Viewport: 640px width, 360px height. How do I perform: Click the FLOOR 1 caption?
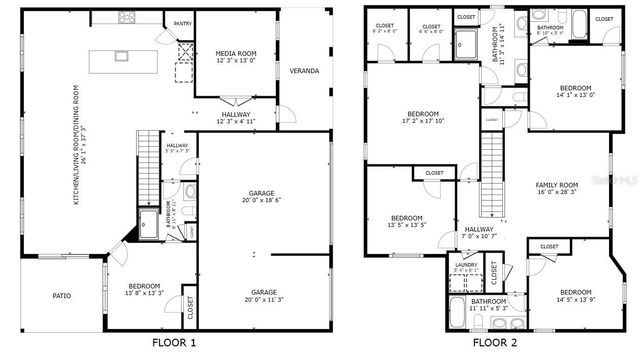point(174,342)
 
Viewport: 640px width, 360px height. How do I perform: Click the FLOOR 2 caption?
point(495,342)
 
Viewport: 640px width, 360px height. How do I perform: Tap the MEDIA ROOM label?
point(237,54)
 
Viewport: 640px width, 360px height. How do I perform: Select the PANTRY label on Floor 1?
point(182,22)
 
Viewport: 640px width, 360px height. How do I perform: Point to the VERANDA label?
point(304,71)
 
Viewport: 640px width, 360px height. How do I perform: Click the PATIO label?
point(61,295)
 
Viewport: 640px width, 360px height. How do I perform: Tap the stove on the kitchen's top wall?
point(128,16)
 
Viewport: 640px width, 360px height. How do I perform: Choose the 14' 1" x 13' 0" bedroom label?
point(575,91)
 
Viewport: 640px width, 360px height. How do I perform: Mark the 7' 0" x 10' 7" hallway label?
point(479,234)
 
